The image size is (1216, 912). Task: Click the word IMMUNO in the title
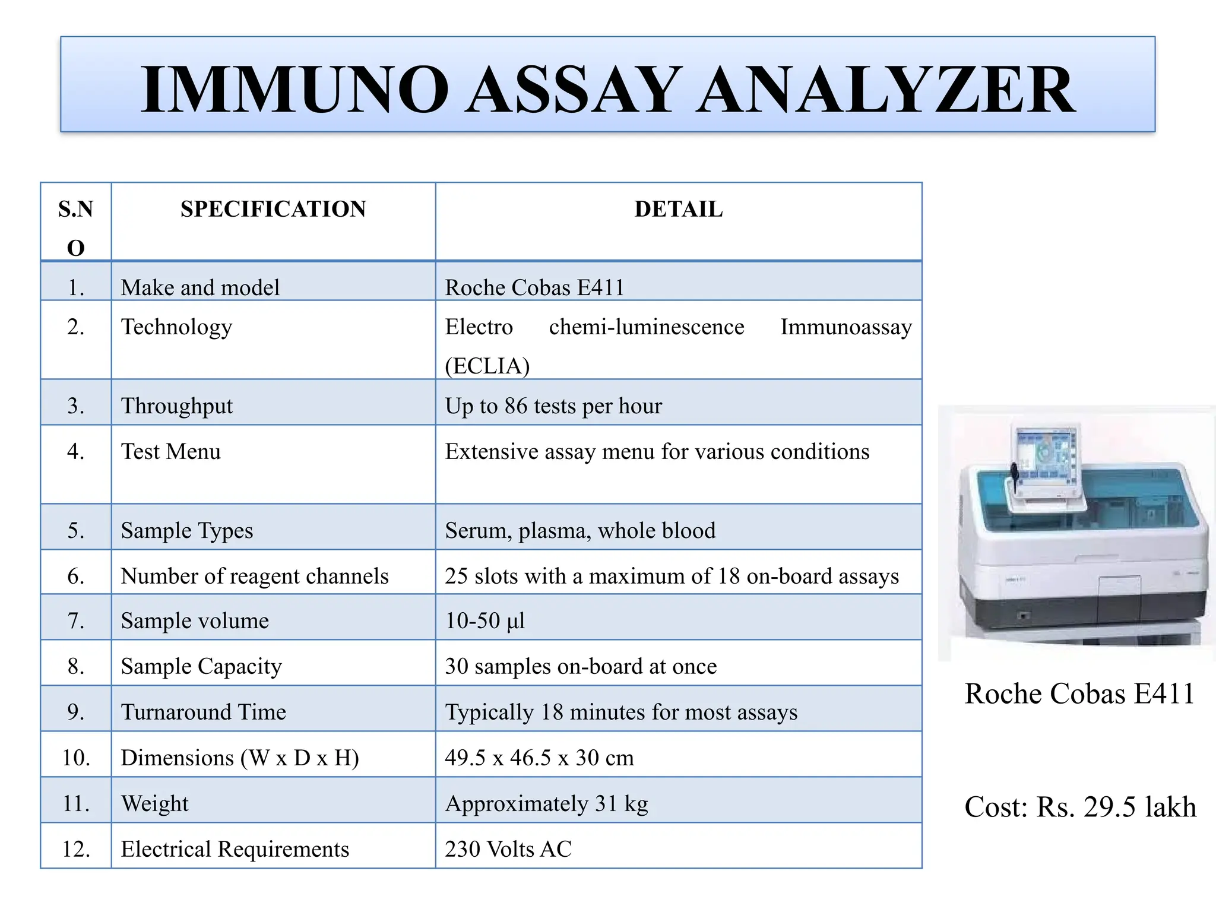(294, 90)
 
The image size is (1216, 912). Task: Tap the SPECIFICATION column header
(273, 209)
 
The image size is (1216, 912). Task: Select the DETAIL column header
(678, 209)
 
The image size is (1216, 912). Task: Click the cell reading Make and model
(200, 287)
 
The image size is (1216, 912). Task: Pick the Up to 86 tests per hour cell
(553, 406)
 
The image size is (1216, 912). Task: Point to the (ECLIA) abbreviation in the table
(487, 366)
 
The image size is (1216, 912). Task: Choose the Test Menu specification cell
(171, 452)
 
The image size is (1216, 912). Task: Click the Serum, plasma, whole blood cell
(580, 530)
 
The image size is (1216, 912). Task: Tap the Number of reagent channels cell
(255, 576)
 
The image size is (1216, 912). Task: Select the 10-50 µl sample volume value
(485, 621)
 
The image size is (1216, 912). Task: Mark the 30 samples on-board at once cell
(581, 666)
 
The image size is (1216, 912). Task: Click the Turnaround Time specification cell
(204, 712)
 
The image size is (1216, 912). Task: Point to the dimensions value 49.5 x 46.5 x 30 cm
(539, 758)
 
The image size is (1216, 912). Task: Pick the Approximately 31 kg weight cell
(546, 803)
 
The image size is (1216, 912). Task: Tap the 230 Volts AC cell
(508, 849)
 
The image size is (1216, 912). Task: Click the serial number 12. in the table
(76, 849)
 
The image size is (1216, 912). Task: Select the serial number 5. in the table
(76, 530)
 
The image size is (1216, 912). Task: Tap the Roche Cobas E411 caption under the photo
(1079, 693)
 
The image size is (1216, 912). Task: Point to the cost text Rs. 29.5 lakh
(1116, 807)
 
